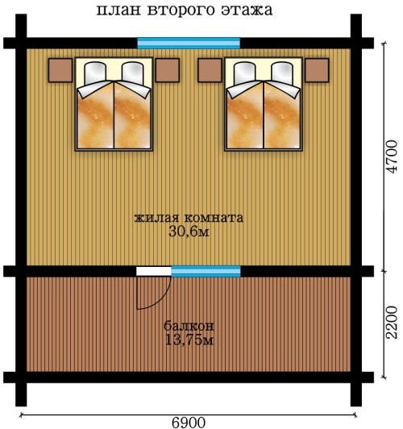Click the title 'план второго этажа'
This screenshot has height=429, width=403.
pyautogui.click(x=185, y=10)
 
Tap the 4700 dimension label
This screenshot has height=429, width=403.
pyautogui.click(x=391, y=156)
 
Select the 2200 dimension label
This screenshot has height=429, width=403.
pyautogui.click(x=391, y=323)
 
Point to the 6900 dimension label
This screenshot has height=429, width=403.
pyautogui.click(x=189, y=423)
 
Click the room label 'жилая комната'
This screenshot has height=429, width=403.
pyautogui.click(x=189, y=218)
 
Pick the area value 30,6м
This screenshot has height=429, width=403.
pyautogui.click(x=189, y=232)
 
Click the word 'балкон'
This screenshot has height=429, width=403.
pyautogui.click(x=189, y=326)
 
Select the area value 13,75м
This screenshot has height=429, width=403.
pyautogui.click(x=189, y=340)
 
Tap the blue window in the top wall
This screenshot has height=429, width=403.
pyautogui.click(x=189, y=44)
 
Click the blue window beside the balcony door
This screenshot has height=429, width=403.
pyautogui.click(x=206, y=271)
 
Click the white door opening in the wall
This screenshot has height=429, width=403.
pyautogui.click(x=154, y=271)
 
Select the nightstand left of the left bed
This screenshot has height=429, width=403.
pyautogui.click(x=60, y=70)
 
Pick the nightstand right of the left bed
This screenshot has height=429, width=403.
pyautogui.click(x=168, y=70)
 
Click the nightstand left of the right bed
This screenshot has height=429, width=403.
pyautogui.click(x=210, y=70)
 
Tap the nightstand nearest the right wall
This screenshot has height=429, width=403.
pyautogui.click(x=317, y=70)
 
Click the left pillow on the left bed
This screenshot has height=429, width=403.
pyautogui.click(x=95, y=73)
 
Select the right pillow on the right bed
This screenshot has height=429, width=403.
pyautogui.click(x=281, y=73)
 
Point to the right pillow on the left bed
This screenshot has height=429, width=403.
pyautogui.click(x=132, y=73)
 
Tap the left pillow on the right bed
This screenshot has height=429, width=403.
pyautogui.click(x=244, y=73)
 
